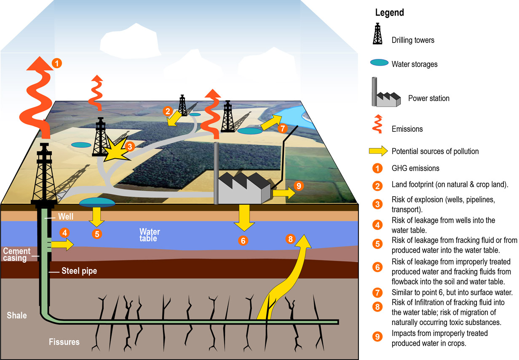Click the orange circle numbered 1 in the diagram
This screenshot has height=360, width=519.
(57, 64)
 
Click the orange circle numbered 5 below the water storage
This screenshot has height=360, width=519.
(97, 234)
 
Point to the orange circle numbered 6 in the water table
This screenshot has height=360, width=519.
(243, 240)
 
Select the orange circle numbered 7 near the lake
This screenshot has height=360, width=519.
(283, 128)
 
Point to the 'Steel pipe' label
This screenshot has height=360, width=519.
(79, 271)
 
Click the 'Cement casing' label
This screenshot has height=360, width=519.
(16, 255)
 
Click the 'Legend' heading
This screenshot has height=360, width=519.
(389, 13)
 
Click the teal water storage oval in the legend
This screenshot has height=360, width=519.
(379, 64)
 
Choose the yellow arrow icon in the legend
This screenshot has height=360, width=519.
(378, 151)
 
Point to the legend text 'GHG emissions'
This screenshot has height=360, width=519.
(415, 168)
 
